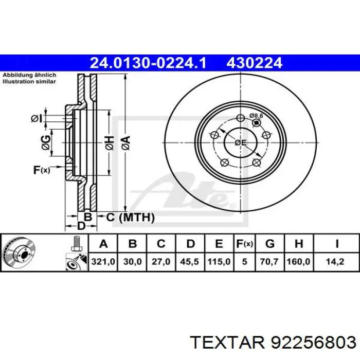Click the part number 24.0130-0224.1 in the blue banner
click(x=148, y=63)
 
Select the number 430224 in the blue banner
click(x=255, y=63)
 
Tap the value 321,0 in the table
click(x=103, y=261)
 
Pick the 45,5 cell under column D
click(x=189, y=261)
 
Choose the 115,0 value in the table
click(x=219, y=261)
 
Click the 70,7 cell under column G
click(x=269, y=261)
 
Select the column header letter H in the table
click(x=299, y=244)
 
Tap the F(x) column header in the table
click(x=244, y=244)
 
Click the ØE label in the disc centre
click(x=240, y=143)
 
